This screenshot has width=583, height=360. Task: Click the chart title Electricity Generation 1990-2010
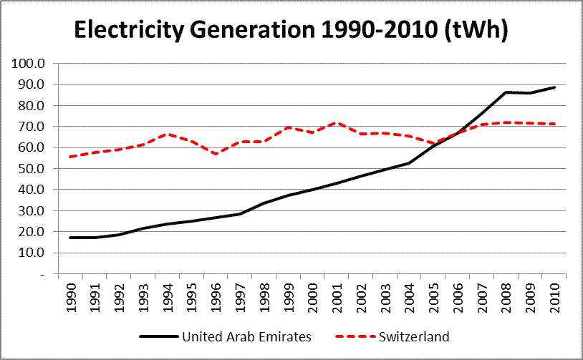tap(291, 31)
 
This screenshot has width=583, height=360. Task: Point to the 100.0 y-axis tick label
tap(29, 64)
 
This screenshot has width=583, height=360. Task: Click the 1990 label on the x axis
tap(72, 293)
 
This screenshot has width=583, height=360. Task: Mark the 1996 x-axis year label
tap(216, 293)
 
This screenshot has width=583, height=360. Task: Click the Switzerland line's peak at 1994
tap(168, 134)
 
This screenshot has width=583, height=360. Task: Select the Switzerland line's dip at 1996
tap(216, 154)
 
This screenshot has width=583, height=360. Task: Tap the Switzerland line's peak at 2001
tap(337, 123)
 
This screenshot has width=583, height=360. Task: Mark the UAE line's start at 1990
tap(71, 238)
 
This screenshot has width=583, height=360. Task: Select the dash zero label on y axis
tap(42, 274)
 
